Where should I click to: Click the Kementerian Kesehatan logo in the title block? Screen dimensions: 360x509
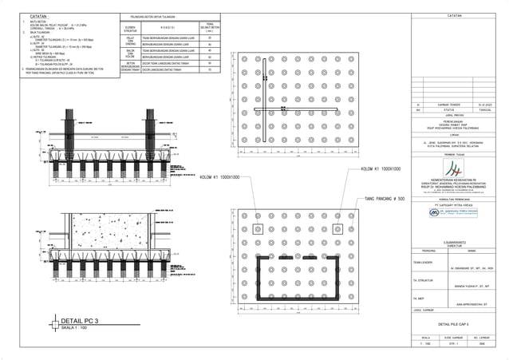(x=455, y=168)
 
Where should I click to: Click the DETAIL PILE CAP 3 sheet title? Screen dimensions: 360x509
(x=455, y=324)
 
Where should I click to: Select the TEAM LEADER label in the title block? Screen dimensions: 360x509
(x=422, y=261)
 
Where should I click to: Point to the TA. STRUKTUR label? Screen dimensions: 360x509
(x=422, y=281)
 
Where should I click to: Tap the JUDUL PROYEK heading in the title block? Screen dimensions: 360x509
(x=455, y=114)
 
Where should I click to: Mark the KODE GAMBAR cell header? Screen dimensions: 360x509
(x=455, y=338)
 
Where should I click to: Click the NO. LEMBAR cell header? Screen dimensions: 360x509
(x=484, y=338)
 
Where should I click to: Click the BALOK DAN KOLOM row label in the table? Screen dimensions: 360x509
(x=130, y=53)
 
